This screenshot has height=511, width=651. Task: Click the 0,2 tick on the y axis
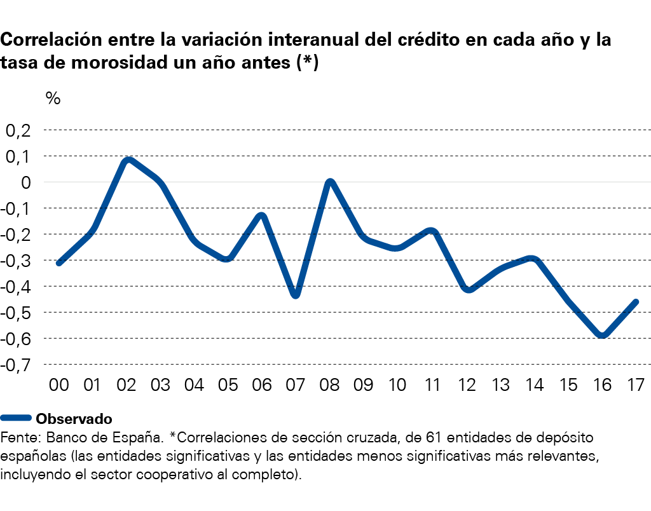[18, 130]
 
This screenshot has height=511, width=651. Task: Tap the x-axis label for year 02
[127, 385]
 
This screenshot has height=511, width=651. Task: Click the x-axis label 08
[329, 385]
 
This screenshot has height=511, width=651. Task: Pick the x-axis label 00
[59, 385]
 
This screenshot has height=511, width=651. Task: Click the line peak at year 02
[128, 160]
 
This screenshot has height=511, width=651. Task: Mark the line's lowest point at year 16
[601, 336]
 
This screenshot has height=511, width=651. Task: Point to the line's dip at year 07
[296, 295]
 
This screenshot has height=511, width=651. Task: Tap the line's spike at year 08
[330, 182]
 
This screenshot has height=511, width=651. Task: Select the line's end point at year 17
[635, 302]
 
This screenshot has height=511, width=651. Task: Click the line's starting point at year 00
[59, 262]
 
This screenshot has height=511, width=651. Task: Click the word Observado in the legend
[74, 419]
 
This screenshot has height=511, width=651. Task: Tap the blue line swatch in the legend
[16, 418]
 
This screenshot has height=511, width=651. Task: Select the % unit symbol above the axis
[53, 99]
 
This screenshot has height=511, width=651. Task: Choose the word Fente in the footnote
[16, 438]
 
